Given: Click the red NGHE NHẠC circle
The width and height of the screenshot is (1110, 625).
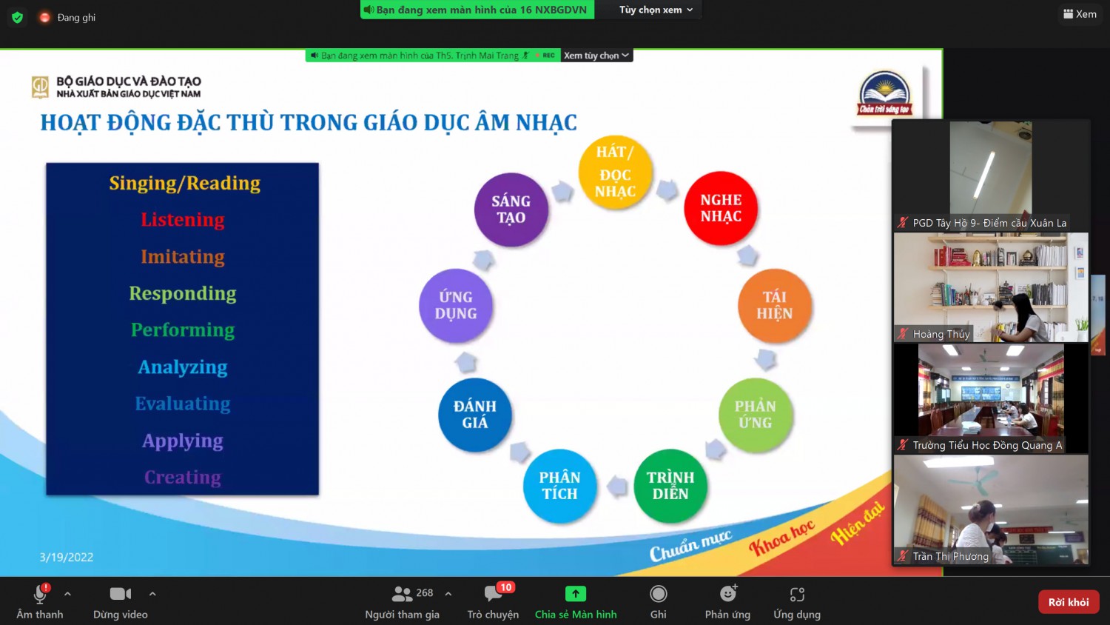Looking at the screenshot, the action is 721,208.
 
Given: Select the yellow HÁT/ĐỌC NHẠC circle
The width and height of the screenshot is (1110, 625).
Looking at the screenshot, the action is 615,172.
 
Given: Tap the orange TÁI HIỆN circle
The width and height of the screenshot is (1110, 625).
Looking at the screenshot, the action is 775,306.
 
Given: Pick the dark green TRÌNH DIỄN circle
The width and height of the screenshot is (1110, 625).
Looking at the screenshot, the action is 670,486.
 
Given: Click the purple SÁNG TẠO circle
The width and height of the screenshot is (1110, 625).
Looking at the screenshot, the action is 511,210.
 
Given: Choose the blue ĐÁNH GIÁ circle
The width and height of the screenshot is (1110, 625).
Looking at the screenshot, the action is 475,415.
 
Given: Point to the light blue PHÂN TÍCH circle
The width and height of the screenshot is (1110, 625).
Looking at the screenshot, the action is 559,486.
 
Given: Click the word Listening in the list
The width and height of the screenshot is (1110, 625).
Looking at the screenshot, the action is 182,219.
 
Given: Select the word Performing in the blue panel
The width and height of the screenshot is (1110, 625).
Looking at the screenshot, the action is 182,330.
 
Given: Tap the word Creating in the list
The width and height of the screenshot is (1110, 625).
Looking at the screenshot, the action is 182,477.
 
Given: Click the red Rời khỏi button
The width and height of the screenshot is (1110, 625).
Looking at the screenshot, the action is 1068,602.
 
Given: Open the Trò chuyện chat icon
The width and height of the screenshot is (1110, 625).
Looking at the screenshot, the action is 493,593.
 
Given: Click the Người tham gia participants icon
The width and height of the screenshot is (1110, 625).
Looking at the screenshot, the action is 401,593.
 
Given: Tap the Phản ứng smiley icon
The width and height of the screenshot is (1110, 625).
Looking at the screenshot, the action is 727,593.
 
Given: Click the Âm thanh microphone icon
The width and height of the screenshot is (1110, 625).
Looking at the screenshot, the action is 40,594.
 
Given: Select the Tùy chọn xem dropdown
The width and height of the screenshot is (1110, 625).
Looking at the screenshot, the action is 655,10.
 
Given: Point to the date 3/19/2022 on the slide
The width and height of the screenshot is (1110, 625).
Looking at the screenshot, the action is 67,557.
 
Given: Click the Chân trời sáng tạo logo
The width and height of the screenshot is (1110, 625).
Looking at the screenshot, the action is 884,94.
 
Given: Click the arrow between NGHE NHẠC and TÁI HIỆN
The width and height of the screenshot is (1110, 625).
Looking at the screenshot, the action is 747,255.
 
